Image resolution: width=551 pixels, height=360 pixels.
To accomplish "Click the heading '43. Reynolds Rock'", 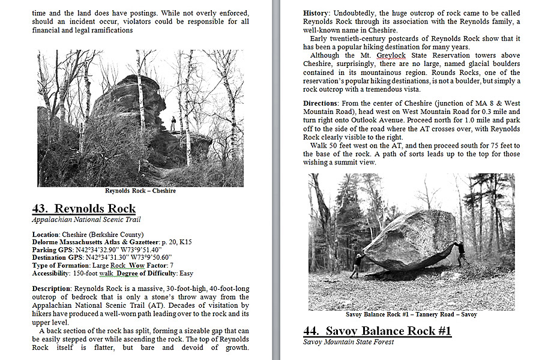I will (x=83, y=209).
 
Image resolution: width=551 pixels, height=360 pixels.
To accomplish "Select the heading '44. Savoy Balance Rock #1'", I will (x=377, y=331).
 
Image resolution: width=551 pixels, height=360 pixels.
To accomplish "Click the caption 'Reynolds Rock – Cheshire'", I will (x=140, y=191).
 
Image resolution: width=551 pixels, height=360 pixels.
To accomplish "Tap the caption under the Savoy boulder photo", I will (x=411, y=314).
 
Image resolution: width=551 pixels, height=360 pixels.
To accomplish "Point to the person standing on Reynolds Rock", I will (x=173, y=124).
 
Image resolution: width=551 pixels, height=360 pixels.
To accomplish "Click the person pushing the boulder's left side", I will (x=357, y=265).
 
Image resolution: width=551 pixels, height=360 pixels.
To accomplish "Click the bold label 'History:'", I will (x=316, y=13).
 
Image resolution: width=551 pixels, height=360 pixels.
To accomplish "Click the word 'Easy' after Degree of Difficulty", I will (x=187, y=274).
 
